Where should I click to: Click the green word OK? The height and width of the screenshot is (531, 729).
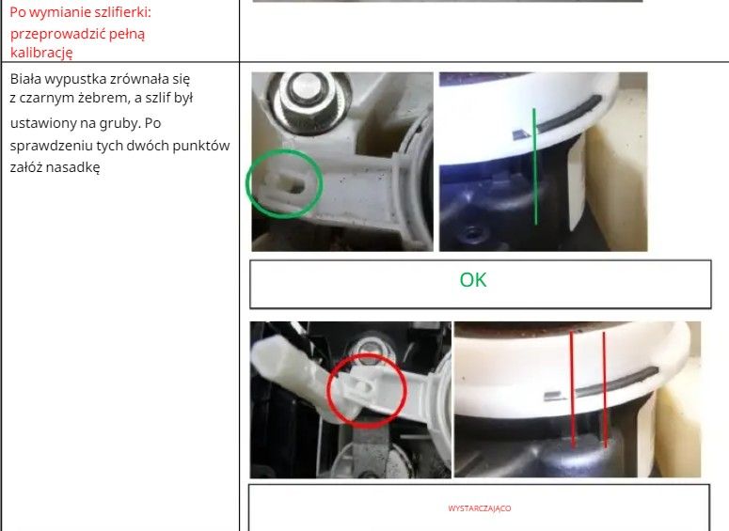coord(473,280)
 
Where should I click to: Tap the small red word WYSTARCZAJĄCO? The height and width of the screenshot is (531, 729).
coord(480,508)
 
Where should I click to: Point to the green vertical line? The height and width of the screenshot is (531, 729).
coord(535,166)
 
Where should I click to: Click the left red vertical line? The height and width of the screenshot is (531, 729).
coord(573,390)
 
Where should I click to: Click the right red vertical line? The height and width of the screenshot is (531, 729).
coord(605,389)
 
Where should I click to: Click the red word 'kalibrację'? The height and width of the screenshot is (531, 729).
coord(41,53)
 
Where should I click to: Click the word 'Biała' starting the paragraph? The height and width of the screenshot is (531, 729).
coord(25,79)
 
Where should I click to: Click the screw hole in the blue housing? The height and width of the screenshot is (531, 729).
coord(471,232)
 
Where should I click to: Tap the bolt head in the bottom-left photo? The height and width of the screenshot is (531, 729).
coord(370,350)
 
